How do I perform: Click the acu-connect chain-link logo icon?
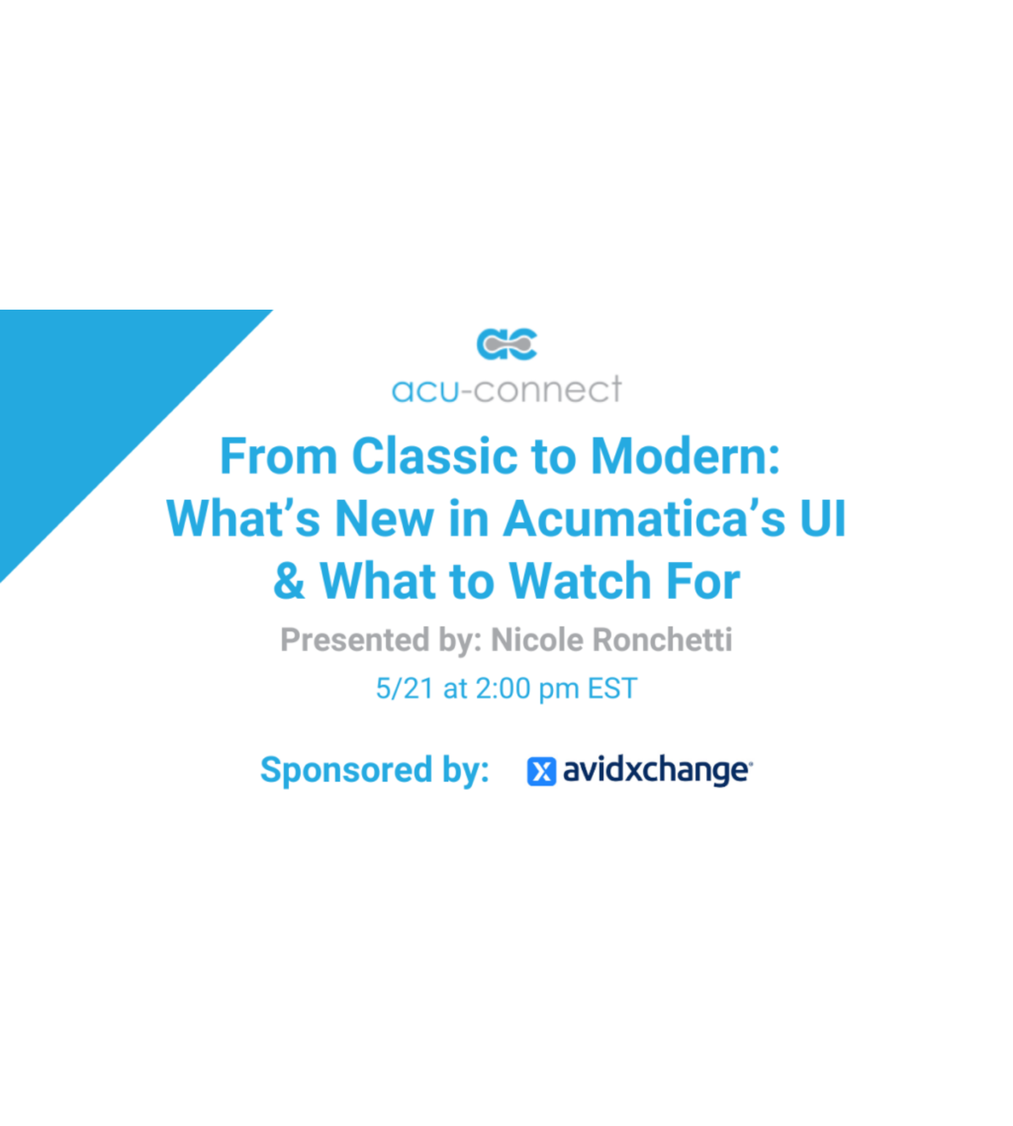pos(507,344)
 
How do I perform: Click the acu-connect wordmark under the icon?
pos(507,389)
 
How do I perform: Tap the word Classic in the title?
pos(434,456)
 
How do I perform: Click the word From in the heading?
pos(279,456)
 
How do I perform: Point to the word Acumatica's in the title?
pos(644,518)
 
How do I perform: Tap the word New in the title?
pos(384,518)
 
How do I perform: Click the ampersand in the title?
pos(289,580)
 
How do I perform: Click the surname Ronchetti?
pos(663,640)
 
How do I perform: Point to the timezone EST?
pos(612,689)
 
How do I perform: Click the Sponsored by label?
pos(374,770)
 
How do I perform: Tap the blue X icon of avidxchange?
pos(541,771)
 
